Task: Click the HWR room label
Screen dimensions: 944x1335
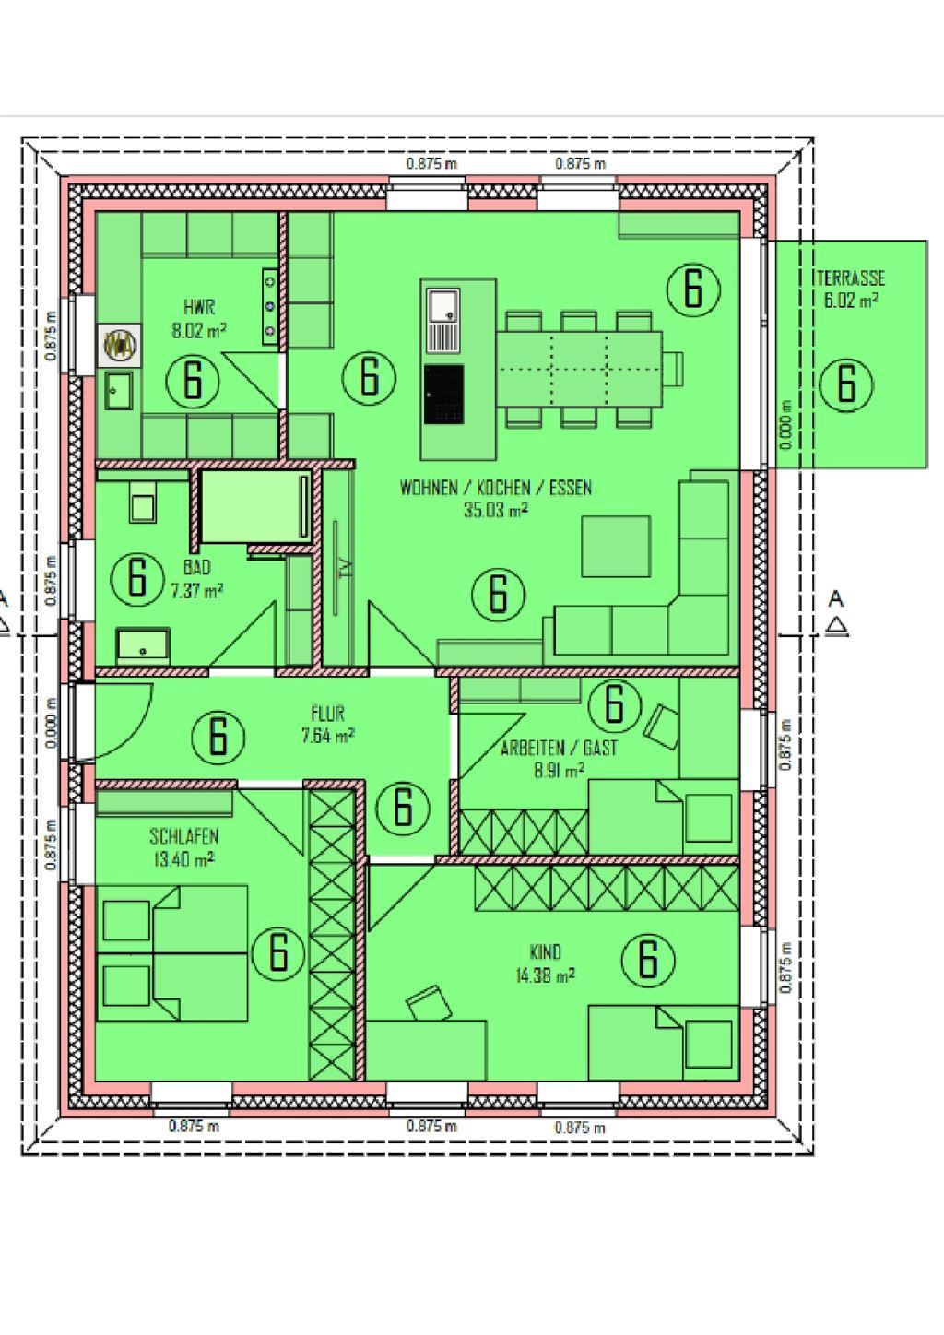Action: click(x=199, y=308)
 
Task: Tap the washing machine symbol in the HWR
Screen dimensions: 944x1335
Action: click(x=120, y=345)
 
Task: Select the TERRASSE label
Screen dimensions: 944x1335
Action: click(x=851, y=278)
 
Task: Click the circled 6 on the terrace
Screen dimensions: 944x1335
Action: click(x=846, y=384)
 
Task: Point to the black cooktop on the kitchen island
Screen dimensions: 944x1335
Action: click(x=444, y=394)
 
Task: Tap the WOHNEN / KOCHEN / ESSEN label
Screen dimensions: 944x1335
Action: click(x=496, y=488)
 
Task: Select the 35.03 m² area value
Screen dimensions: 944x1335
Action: click(x=496, y=510)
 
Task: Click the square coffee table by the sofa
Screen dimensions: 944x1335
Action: click(x=616, y=547)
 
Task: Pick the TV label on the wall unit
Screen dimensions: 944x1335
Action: click(x=345, y=567)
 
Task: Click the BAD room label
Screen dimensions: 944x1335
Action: click(x=197, y=567)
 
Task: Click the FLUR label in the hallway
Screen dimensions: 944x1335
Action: click(x=328, y=714)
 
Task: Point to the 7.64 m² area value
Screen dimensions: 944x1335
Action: click(x=328, y=736)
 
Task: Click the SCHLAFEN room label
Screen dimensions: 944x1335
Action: click(x=184, y=836)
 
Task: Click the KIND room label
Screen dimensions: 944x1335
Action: click(x=546, y=951)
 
